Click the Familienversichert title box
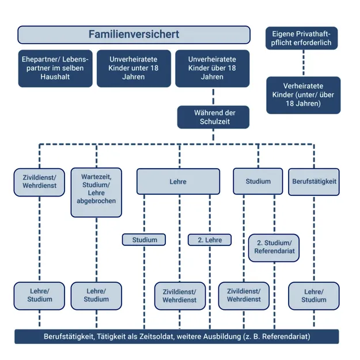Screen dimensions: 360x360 (x=134, y=35)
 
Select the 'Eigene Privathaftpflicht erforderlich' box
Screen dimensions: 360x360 (x=302, y=38)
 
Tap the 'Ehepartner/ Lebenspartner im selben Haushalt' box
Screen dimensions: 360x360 (x=55, y=68)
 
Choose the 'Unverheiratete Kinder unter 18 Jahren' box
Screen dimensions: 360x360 (x=134, y=68)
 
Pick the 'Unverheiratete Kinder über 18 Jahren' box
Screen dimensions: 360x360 (x=213, y=68)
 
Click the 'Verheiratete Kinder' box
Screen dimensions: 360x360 (x=302, y=95)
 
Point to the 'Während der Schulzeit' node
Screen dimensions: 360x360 (x=214, y=117)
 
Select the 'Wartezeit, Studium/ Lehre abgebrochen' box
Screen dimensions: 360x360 (x=96, y=192)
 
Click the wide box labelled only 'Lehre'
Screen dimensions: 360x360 (x=178, y=181)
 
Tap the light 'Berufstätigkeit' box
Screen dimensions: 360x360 (x=314, y=181)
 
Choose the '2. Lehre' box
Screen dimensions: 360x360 (x=209, y=240)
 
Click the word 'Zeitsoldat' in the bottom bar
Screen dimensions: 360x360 (x=163, y=336)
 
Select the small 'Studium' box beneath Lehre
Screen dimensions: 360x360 (x=144, y=240)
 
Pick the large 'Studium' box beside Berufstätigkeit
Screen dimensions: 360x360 (x=257, y=181)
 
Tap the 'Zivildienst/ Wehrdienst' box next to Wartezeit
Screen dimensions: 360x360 (x=39, y=181)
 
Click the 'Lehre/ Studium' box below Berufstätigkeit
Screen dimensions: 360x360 (x=313, y=295)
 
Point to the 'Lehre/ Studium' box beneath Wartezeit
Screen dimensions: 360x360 (x=96, y=295)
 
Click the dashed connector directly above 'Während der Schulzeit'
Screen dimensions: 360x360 (x=214, y=97)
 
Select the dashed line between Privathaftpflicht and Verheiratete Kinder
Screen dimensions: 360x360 (x=302, y=63)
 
